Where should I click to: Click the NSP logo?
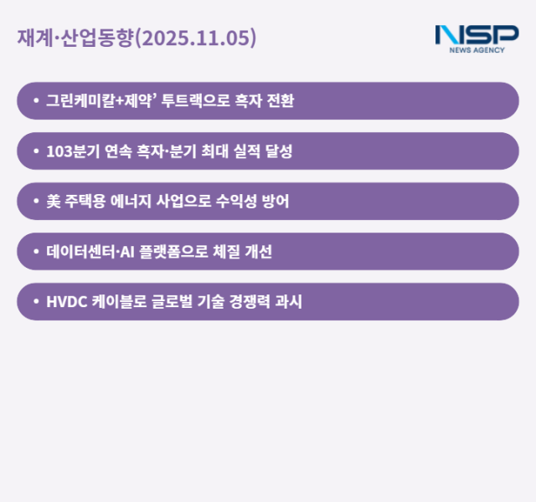tap(477, 35)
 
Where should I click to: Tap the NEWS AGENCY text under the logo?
tap(477, 50)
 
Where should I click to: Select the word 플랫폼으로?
tap(178, 252)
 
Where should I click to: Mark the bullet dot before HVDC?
tap(35, 302)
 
